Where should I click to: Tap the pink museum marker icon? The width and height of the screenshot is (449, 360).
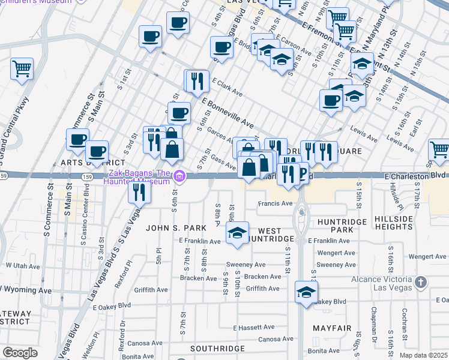(179, 176)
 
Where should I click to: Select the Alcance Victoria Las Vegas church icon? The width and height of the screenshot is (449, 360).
(421, 281)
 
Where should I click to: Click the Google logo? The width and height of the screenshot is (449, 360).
(20, 352)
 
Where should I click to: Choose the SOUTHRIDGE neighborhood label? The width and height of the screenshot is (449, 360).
(217, 348)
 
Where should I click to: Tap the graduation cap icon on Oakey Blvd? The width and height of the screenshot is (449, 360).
(306, 293)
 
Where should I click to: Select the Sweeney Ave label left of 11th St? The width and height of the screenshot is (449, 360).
(246, 265)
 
